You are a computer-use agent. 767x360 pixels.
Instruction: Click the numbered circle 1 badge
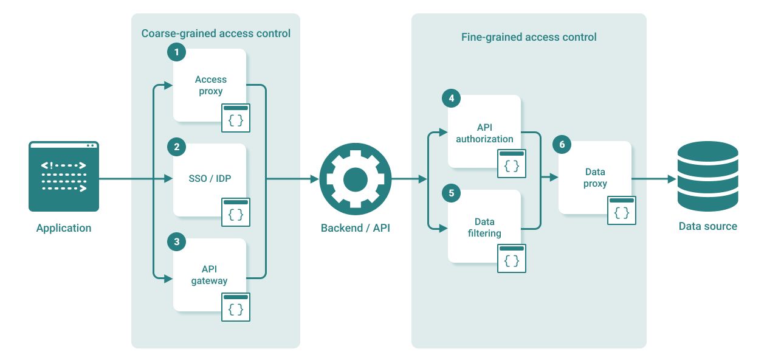[176, 52]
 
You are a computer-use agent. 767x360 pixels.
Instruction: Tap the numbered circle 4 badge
[451, 99]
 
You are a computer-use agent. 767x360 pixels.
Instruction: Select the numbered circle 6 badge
[562, 145]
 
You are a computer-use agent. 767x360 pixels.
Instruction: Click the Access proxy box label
[210, 85]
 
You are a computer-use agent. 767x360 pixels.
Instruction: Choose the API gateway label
[209, 275]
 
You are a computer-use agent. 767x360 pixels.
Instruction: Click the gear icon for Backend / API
[356, 179]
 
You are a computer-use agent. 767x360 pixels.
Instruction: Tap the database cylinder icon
[707, 177]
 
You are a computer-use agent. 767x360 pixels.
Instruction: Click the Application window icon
[64, 176]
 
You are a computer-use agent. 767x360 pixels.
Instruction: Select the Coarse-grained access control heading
[216, 33]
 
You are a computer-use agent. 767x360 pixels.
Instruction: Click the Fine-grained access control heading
[529, 37]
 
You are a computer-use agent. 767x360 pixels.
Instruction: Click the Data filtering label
[484, 227]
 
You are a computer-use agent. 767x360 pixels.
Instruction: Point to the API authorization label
[484, 133]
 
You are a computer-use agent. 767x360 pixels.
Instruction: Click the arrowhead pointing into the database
[672, 179]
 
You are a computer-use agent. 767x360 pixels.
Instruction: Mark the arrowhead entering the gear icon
[315, 179]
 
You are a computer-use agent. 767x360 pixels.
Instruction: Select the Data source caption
[707, 226]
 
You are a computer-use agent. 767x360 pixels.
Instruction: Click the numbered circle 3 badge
[176, 242]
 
